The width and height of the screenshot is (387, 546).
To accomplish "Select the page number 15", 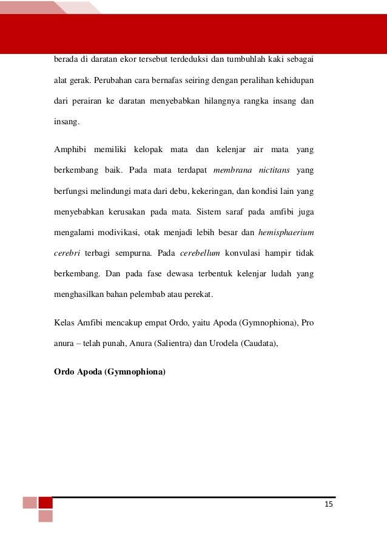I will (329, 504).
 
